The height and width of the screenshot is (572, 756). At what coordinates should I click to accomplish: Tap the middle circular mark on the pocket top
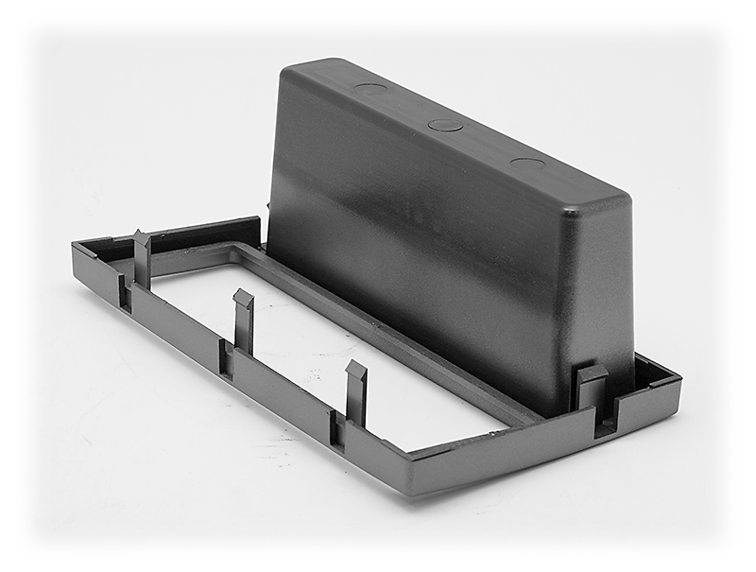(446, 125)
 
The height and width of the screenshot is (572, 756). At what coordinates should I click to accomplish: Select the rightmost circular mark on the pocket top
(527, 163)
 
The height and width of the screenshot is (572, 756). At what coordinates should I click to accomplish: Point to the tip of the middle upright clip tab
(244, 298)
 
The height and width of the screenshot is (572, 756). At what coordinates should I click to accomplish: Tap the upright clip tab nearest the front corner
(355, 371)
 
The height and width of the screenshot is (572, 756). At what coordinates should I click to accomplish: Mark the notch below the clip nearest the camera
(336, 430)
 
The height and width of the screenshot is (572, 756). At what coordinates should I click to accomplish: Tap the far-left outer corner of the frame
(76, 248)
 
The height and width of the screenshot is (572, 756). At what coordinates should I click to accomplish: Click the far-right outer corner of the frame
(679, 378)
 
